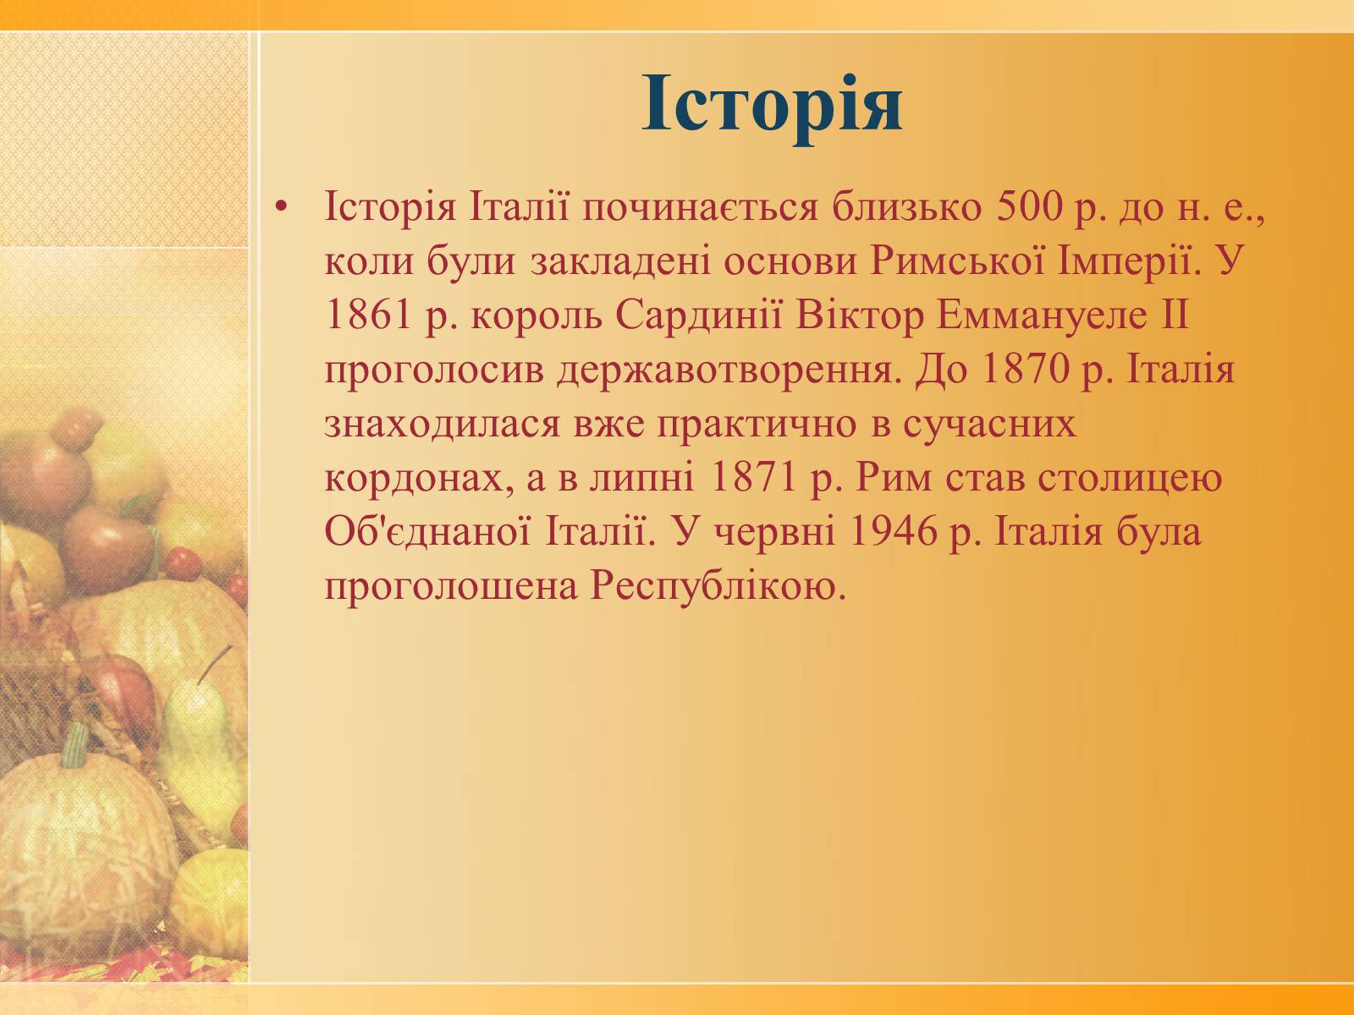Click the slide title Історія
[773, 103]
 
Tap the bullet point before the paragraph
[282, 208]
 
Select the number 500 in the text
[1030, 207]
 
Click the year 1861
[368, 315]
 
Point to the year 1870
[1024, 370]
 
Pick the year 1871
[753, 478]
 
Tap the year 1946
[893, 531]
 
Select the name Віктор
[859, 315]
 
